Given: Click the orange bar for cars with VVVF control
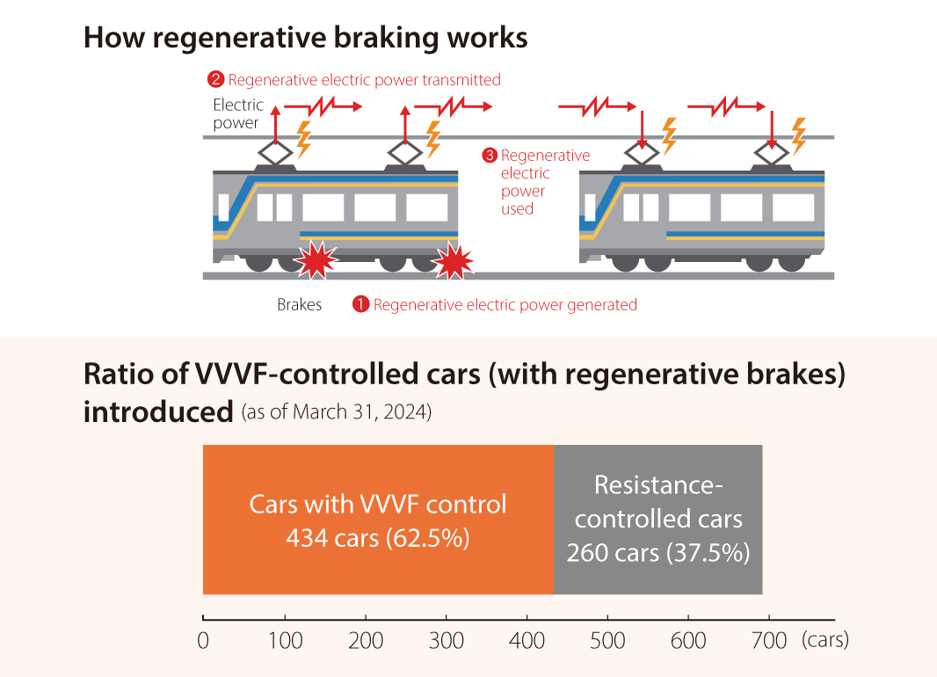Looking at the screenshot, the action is [x=378, y=520].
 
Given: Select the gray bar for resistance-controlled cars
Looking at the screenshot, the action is [x=658, y=520].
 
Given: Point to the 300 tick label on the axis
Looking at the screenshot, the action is [x=447, y=641].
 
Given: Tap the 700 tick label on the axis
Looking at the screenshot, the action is [x=769, y=641].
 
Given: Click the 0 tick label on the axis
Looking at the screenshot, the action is [x=203, y=641].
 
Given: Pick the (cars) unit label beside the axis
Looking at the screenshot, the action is [x=825, y=640].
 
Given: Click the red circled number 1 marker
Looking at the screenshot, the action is [x=361, y=304].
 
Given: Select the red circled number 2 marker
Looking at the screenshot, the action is [x=215, y=79].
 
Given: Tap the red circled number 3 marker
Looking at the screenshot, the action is [x=490, y=156].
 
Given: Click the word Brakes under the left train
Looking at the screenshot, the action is [x=300, y=305].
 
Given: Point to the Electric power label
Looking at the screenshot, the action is [x=238, y=113].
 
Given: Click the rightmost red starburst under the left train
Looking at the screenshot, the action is [x=453, y=262].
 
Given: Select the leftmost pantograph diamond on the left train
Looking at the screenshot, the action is [x=275, y=153].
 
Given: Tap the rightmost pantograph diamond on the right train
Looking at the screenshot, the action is [x=772, y=153].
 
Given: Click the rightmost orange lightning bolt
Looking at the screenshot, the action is [x=798, y=136].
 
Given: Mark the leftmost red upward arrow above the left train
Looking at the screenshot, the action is [x=275, y=124].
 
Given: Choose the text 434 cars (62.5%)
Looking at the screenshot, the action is [x=378, y=538].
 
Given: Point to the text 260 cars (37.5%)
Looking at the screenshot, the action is [x=658, y=553].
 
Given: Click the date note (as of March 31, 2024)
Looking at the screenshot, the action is [x=337, y=411].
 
